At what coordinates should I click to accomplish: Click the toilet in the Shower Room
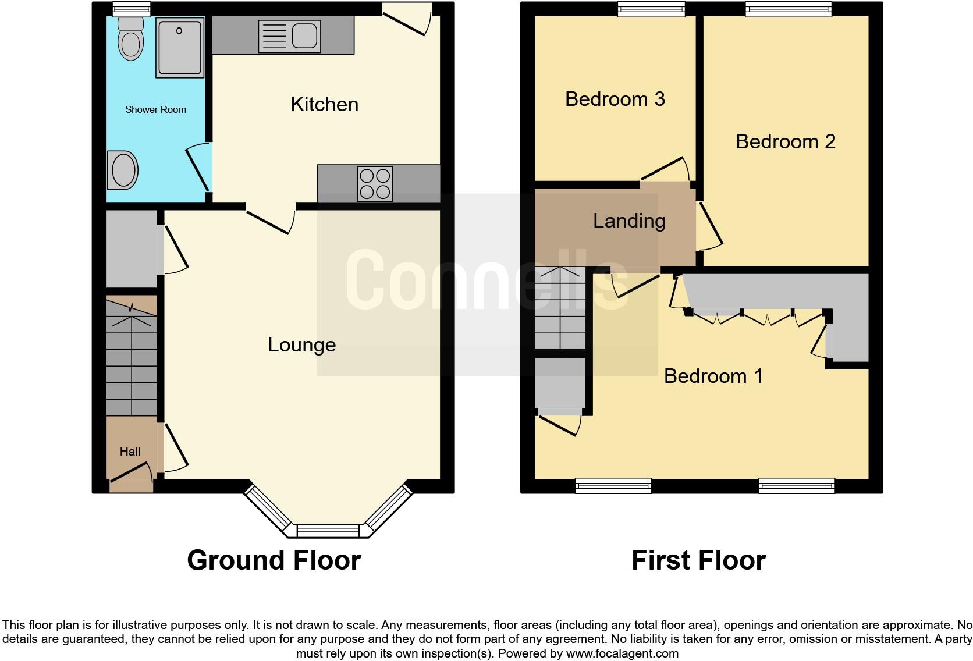coord(130,39)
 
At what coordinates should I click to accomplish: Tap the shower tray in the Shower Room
coord(180,47)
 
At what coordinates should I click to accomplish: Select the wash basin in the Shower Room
coord(122,170)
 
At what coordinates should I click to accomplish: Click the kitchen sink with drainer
coord(289,35)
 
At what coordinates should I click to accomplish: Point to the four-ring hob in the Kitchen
coord(375,183)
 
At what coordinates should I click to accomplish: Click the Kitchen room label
coord(324,105)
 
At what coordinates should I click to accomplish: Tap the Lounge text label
coord(301,344)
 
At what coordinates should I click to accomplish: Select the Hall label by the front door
coord(130,452)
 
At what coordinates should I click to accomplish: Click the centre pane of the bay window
coord(328,531)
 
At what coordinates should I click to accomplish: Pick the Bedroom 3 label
coord(615,99)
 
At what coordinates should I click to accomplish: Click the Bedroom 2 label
coord(785,141)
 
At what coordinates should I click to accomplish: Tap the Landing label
coord(628,221)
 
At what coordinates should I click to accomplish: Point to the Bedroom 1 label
coord(713,376)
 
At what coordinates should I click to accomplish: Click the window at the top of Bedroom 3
coord(651,8)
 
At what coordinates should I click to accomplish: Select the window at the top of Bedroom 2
coord(789,8)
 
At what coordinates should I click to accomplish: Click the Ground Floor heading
coord(274,560)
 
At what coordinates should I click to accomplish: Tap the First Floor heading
coord(698,560)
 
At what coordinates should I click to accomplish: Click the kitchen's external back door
coord(407,20)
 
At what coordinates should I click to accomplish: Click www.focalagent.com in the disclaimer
coord(622,653)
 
